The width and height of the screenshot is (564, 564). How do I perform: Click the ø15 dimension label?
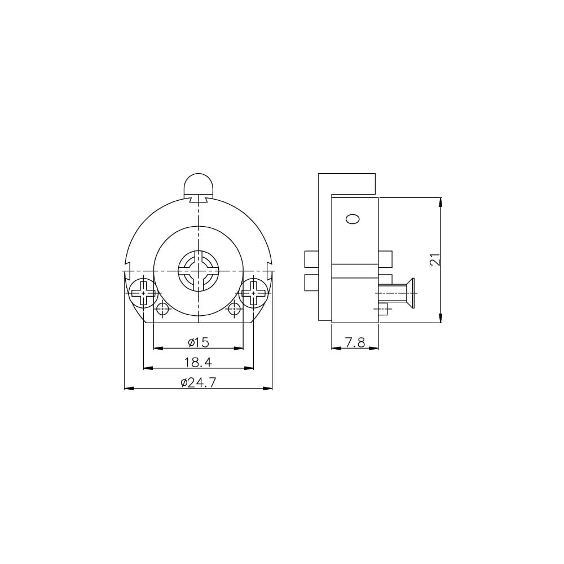[198, 342]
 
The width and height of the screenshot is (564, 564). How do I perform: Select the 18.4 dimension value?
[198, 362]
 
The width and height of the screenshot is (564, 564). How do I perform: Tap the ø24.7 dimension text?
[198, 382]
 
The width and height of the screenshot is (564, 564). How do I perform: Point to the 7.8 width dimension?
[355, 342]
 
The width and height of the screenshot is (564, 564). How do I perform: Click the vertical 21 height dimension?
[435, 259]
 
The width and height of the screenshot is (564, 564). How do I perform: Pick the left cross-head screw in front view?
[143, 293]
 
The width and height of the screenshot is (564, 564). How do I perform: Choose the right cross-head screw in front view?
[254, 293]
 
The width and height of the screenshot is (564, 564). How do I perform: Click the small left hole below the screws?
[163, 309]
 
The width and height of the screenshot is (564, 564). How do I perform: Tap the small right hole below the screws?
[235, 309]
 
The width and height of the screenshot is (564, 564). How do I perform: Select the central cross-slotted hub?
[198, 270]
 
